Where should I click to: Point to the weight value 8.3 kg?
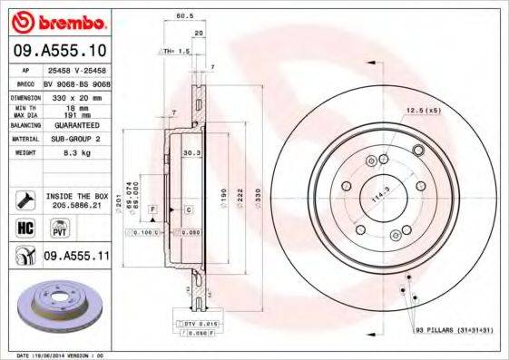pos(64,153)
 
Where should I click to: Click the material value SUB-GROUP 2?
pos(74,139)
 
